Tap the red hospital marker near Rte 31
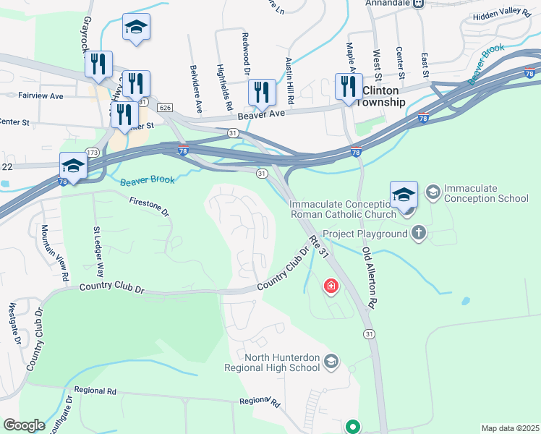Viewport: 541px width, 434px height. (331, 286)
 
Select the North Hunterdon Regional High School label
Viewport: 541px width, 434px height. (282, 362)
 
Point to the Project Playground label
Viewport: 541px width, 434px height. (365, 234)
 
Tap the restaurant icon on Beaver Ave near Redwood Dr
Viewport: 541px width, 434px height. (262, 93)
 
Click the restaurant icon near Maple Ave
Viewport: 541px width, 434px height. (349, 87)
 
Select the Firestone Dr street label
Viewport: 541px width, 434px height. (149, 206)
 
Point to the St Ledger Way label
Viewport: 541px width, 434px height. (99, 252)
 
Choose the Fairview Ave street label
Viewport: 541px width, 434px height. (42, 95)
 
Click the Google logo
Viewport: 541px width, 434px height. (24, 425)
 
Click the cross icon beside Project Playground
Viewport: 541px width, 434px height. (418, 233)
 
